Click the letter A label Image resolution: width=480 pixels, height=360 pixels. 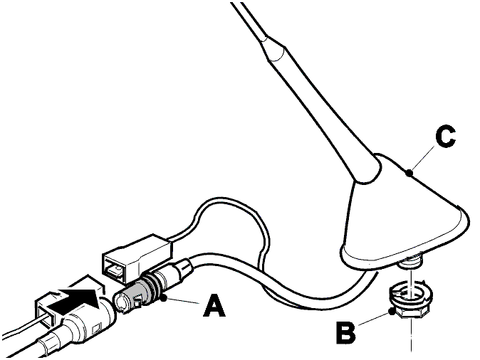(214, 305)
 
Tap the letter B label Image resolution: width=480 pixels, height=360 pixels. (346, 333)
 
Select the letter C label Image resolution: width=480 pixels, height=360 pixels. (446, 137)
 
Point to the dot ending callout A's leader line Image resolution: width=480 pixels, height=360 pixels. (164, 297)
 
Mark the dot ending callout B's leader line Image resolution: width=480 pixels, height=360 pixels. (390, 312)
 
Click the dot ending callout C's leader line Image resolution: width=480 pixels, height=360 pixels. (409, 174)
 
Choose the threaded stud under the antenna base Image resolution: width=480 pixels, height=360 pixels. (411, 259)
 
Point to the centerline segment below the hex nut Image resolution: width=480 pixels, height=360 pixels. (410, 335)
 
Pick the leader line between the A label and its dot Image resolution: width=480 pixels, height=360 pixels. (183, 301)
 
